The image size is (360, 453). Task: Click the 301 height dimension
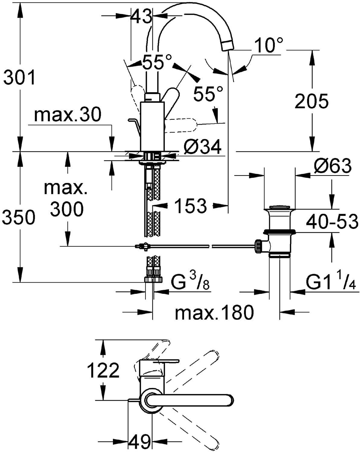click(x=19, y=78)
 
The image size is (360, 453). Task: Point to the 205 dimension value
click(x=311, y=101)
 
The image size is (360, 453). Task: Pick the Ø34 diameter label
click(x=202, y=147)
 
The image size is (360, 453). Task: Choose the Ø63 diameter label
click(x=333, y=166)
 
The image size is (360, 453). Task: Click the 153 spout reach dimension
click(x=191, y=205)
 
